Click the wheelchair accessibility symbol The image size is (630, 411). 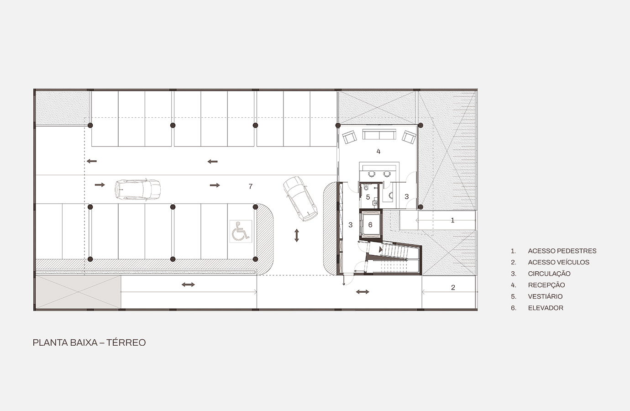[x=241, y=231]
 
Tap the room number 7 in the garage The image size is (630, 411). [x=251, y=186]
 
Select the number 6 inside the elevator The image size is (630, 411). [x=370, y=225]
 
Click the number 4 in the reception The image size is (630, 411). [x=378, y=151]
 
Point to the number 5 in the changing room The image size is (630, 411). [x=368, y=197]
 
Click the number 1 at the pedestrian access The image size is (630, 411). [x=452, y=220]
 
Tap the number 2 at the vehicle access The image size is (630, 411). [x=453, y=288]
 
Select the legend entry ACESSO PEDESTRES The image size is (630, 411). [x=562, y=251]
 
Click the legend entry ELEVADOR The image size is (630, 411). [x=546, y=308]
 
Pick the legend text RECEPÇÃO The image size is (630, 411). [x=546, y=285]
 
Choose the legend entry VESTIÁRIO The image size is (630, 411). [x=546, y=296]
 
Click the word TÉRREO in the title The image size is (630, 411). [x=126, y=342]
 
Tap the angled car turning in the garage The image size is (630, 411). [x=300, y=199]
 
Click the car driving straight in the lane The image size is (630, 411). [x=137, y=190]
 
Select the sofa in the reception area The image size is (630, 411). [x=379, y=134]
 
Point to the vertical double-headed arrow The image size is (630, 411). [x=296, y=236]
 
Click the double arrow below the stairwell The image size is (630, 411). [x=362, y=292]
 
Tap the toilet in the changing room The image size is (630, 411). [x=366, y=187]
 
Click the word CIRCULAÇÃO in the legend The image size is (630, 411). [x=549, y=274]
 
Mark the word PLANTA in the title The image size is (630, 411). [x=50, y=342]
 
